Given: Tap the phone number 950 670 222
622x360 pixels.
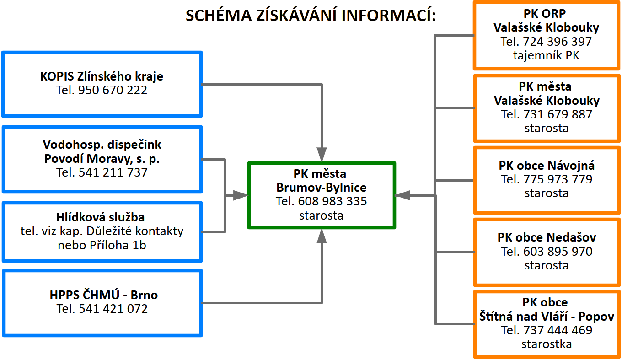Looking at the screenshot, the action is tap(113, 90).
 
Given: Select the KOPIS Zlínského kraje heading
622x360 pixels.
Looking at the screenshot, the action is tap(102, 76).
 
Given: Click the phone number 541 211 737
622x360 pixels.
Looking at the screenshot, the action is tap(113, 172).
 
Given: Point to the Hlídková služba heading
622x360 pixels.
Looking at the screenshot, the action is tap(100, 217).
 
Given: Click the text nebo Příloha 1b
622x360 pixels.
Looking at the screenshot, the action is tap(102, 245).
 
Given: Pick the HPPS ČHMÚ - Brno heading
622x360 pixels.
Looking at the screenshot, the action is tap(103, 295).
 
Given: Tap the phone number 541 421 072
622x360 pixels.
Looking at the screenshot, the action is tap(113, 309).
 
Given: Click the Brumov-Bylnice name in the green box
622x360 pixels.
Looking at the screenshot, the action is tap(321, 188).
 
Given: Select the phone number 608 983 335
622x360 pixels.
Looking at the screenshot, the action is tap(332, 201).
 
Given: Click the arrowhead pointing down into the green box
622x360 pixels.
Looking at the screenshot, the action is tap(322, 155).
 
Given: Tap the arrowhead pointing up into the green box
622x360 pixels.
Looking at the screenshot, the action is tap(322, 236).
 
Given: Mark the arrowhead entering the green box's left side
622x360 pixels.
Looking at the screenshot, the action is tap(240, 196).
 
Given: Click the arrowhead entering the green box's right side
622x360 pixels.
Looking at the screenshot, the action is tap(402, 196).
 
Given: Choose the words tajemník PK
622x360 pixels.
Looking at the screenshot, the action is tap(546, 55).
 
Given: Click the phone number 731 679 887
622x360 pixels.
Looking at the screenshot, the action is tap(558, 114).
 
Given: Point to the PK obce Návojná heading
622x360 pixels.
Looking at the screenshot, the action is tap(547, 166).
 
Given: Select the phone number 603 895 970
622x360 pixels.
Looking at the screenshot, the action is tap(558, 252).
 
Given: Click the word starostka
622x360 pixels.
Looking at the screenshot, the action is tap(547, 344).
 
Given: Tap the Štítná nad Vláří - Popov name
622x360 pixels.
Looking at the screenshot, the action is tap(547, 317).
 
